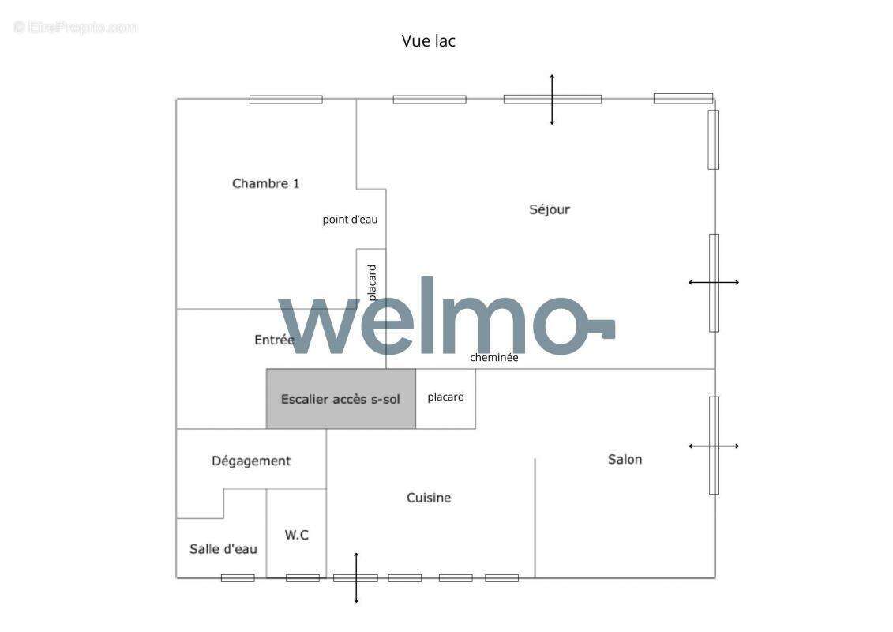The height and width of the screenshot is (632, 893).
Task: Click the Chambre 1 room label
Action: coord(265,183)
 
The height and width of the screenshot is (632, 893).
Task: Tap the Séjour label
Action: coord(549,209)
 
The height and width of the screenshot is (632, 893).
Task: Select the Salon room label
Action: coord(625,459)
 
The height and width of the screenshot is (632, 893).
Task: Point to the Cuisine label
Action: coord(429,498)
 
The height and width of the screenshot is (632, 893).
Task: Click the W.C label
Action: coord(296,535)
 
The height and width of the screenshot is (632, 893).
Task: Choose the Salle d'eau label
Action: coord(223,549)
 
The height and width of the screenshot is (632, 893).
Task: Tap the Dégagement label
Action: coord(251,461)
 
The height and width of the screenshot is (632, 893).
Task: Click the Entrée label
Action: coord(273,340)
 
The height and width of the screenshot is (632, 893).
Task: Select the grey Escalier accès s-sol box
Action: coord(340,399)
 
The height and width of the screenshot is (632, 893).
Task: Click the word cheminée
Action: coord(494,357)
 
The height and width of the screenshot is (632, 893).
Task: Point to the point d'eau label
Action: coord(350,220)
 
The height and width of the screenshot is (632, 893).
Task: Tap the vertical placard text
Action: coord(372,282)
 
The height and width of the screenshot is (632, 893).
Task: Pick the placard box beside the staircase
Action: coord(445,397)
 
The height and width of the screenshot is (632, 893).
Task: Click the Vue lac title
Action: coord(428,41)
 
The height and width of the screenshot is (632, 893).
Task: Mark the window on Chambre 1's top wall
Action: coord(286,100)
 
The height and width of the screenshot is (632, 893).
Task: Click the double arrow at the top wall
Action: coord(552,100)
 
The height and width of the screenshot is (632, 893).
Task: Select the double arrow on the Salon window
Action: coord(714,446)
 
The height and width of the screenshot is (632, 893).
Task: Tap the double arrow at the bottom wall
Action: coord(356,578)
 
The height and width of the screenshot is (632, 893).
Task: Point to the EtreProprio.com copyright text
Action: coord(76,27)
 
